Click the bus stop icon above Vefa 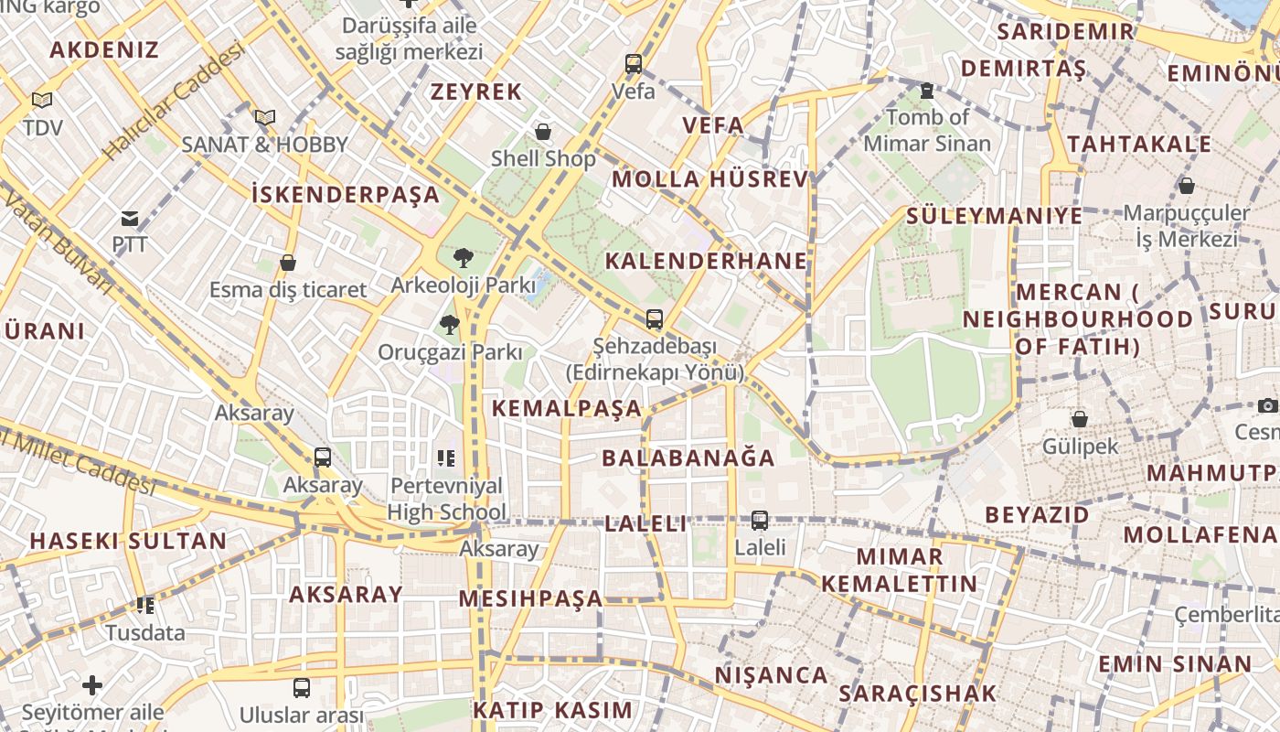tap(634, 64)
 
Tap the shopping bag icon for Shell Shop tap(543, 132)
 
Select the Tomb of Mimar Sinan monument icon tap(927, 91)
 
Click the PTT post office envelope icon tap(129, 219)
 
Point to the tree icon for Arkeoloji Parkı tap(463, 258)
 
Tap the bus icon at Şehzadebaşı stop tap(654, 319)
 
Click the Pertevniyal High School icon tap(446, 457)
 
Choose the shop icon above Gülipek tap(1080, 419)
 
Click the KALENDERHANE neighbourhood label tap(706, 261)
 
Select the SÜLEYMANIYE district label tap(994, 216)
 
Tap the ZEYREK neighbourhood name tap(476, 91)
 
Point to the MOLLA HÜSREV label tap(710, 178)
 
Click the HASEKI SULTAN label tap(128, 540)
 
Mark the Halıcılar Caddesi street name tap(174, 102)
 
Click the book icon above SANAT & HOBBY tap(265, 117)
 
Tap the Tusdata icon tap(144, 606)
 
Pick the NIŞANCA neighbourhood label tap(771, 675)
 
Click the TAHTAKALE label tap(1138, 144)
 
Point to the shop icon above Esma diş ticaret tap(288, 264)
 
